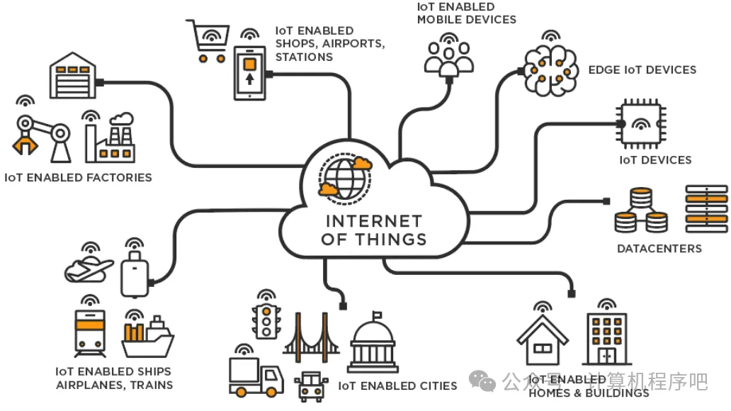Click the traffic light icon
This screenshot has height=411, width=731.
(x=266, y=322)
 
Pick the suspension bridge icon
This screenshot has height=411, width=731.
(x=311, y=333)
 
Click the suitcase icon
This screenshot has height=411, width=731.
(x=135, y=273)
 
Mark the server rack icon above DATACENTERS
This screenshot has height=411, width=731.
(x=706, y=208)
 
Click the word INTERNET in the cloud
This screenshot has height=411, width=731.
(x=373, y=221)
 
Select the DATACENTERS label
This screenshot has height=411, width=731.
(x=659, y=249)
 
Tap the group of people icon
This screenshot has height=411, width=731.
(x=448, y=57)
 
